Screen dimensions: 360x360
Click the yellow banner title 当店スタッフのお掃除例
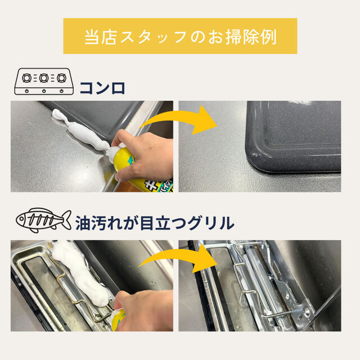(180, 37)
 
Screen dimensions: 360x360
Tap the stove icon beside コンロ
(44, 82)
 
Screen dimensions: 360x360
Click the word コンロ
(102, 88)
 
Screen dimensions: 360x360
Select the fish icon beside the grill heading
(44, 220)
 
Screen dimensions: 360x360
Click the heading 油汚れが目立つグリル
(155, 223)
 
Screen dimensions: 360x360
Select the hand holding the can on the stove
(145, 154)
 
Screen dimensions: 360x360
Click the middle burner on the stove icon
(44, 78)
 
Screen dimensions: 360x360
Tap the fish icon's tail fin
(67, 219)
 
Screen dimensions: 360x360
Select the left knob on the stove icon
(27, 91)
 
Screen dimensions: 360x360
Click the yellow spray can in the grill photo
(119, 319)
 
